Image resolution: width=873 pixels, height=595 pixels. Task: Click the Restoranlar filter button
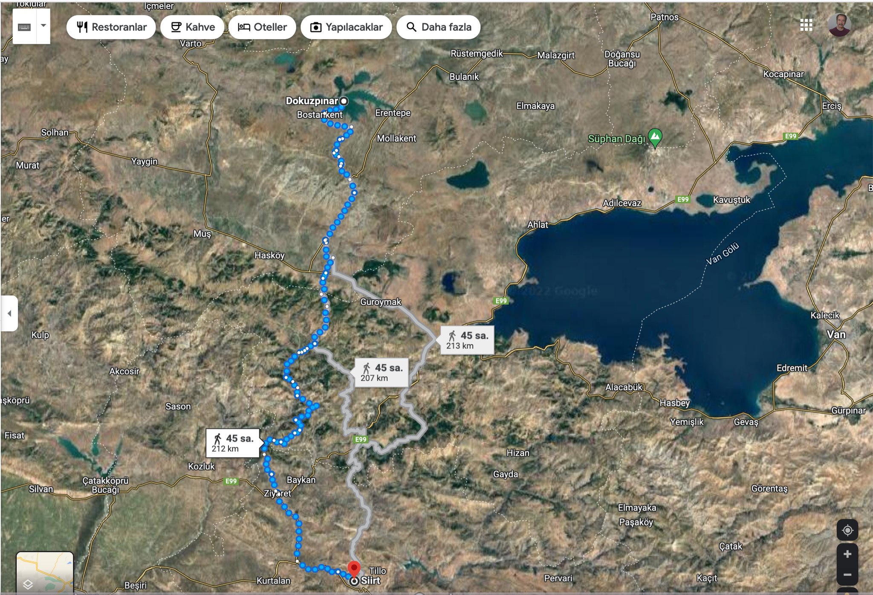click(x=111, y=27)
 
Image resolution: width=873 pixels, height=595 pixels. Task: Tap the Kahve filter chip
click(x=193, y=27)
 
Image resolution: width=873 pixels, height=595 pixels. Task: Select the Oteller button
click(x=262, y=27)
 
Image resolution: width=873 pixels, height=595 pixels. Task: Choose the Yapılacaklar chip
click(x=346, y=27)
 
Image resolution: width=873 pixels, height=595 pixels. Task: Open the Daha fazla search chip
click(x=438, y=27)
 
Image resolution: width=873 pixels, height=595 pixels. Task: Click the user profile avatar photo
click(x=839, y=25)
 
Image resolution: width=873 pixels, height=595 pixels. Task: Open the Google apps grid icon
click(x=806, y=25)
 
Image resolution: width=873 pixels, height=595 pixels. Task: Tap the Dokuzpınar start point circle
click(x=344, y=101)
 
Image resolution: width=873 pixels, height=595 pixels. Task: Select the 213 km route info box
click(x=467, y=340)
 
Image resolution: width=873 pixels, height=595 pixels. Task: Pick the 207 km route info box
click(x=381, y=372)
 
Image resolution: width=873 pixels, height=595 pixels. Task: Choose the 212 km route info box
click(x=232, y=443)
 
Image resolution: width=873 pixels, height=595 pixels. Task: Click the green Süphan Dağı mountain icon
click(x=655, y=137)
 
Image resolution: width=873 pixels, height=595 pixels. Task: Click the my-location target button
click(x=847, y=530)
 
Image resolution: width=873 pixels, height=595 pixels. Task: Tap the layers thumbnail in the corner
click(x=45, y=572)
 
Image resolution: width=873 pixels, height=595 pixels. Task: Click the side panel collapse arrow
click(x=9, y=313)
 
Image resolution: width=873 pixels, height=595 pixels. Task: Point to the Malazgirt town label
click(x=556, y=55)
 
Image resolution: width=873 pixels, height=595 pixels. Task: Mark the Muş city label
click(x=202, y=234)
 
